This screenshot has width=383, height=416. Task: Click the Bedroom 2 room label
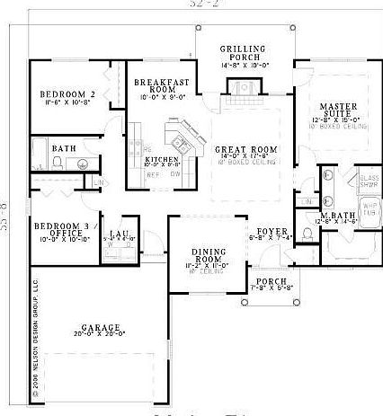62,94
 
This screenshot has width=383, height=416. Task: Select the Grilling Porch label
240,51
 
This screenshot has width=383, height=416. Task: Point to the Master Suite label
328,109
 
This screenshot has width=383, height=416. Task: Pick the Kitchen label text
162,159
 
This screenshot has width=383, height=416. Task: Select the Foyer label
272,231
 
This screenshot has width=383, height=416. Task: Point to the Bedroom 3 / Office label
58,230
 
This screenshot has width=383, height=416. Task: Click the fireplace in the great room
240,87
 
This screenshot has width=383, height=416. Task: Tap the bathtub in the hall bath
40,159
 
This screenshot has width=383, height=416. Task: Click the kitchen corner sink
176,137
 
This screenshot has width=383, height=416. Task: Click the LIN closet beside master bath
307,201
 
